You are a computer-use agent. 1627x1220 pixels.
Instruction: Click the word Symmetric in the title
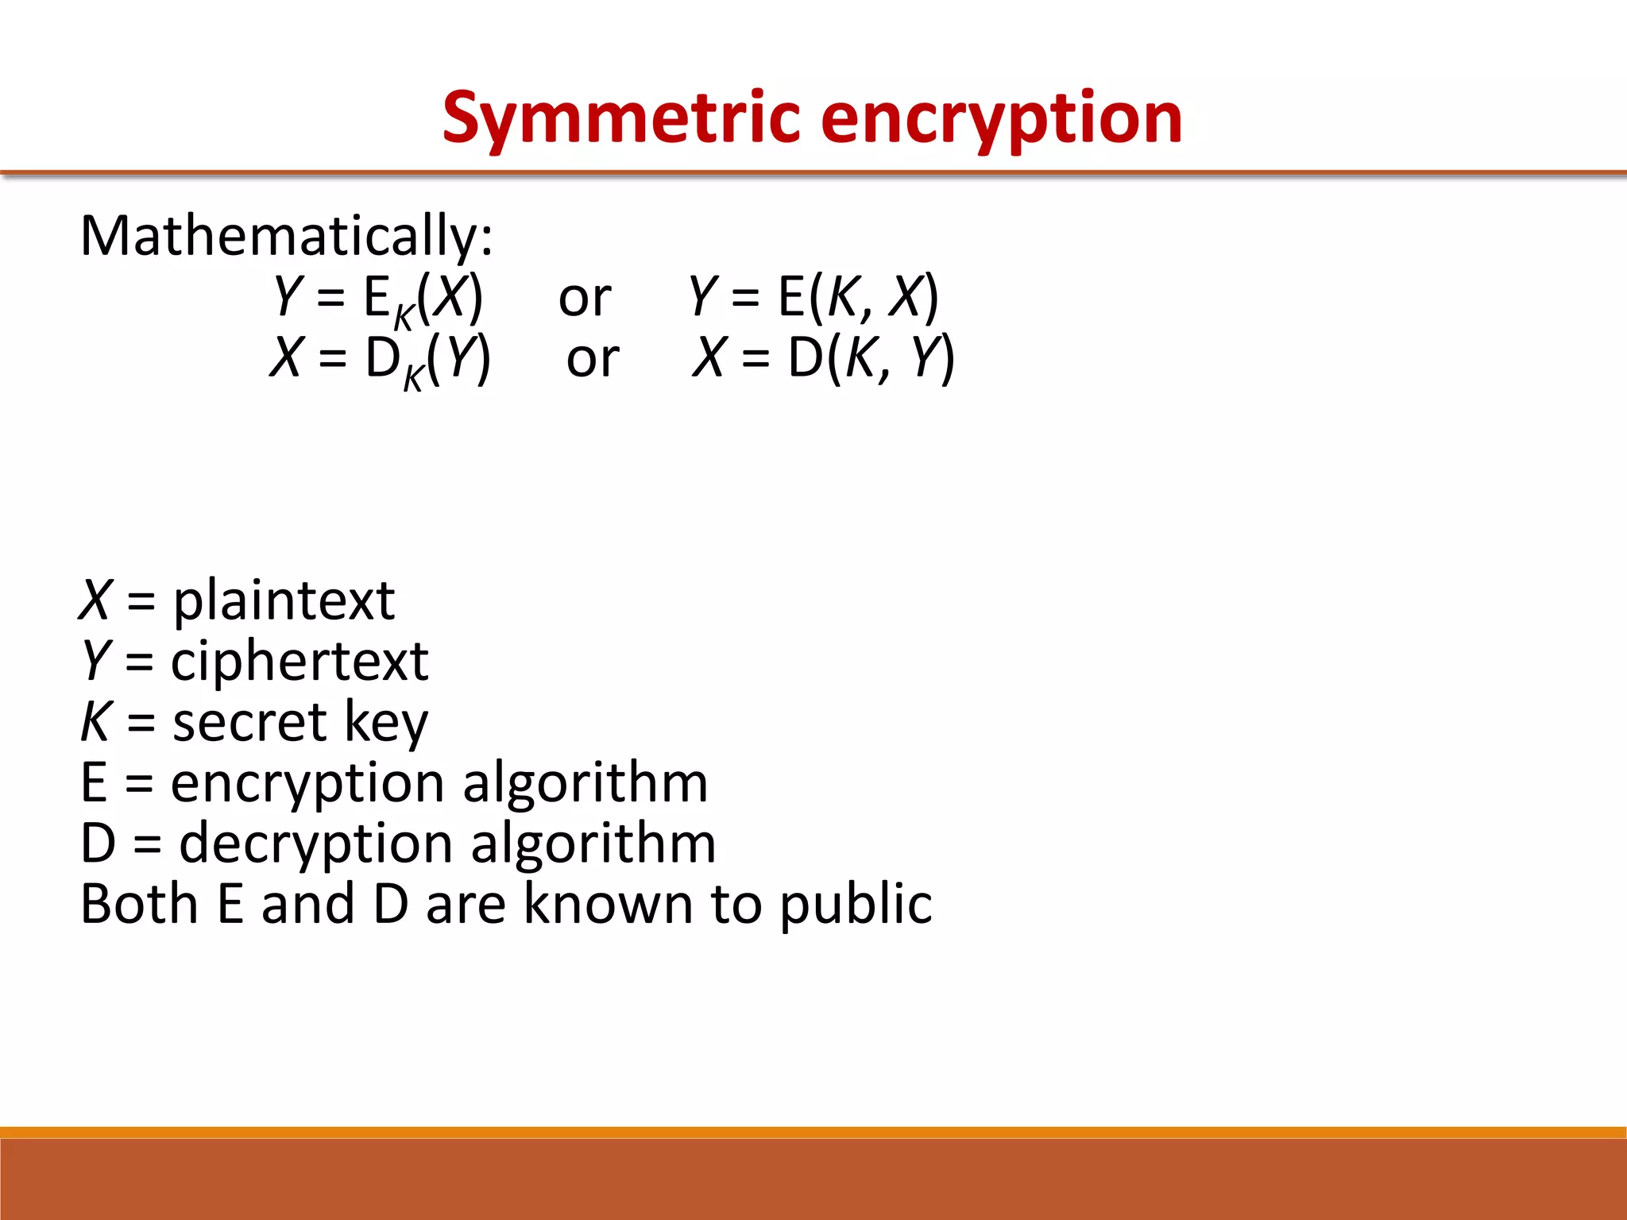click(x=621, y=119)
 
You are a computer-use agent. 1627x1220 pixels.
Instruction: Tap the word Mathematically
click(x=286, y=236)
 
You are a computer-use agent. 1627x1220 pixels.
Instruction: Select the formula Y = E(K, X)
click(x=813, y=296)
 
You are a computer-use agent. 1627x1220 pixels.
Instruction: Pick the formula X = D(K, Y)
click(x=823, y=357)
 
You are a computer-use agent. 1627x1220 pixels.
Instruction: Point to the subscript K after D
click(x=413, y=378)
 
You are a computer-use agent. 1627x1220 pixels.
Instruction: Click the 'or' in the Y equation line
click(x=585, y=299)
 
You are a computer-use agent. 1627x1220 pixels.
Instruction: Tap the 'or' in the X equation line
click(x=593, y=359)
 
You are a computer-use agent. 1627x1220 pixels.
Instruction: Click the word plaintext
click(x=284, y=600)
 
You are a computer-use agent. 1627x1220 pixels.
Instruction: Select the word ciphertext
click(x=300, y=661)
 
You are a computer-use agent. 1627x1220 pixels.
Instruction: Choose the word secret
click(x=249, y=722)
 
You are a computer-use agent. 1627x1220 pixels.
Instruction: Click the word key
click(x=386, y=724)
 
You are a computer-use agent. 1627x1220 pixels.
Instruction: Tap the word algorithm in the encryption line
click(x=585, y=784)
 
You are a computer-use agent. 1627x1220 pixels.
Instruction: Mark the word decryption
click(x=316, y=844)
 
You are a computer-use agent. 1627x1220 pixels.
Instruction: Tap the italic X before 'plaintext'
click(x=95, y=600)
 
